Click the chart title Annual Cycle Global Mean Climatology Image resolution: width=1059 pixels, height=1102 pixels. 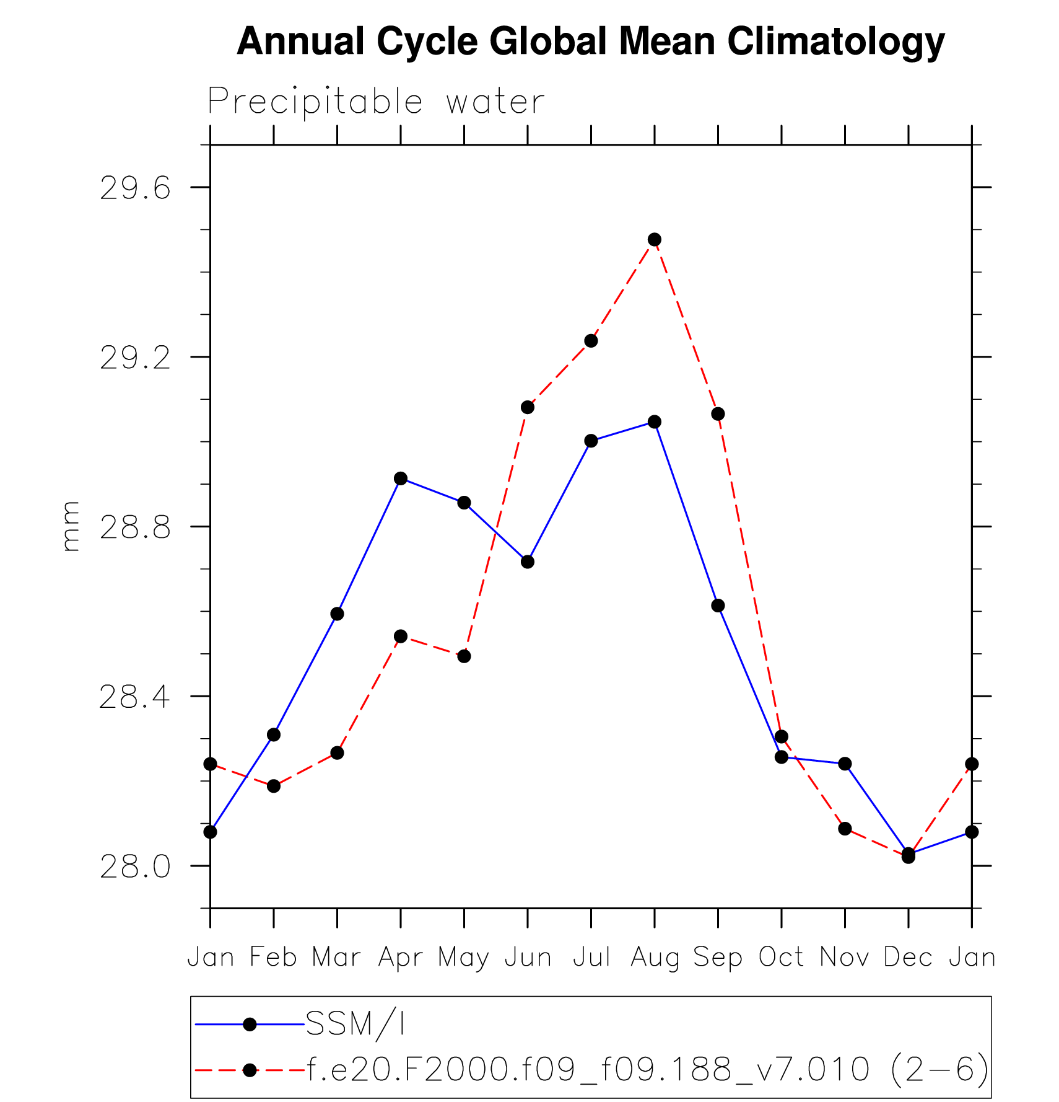[591, 42]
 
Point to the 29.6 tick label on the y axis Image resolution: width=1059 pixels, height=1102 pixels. [135, 187]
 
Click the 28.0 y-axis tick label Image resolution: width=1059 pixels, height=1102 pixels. [135, 866]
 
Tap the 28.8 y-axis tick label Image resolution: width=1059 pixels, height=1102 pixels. [135, 527]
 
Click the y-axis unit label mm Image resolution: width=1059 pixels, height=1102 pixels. [71, 526]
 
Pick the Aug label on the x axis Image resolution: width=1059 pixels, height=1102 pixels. [655, 958]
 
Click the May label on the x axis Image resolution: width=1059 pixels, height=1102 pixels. [464, 958]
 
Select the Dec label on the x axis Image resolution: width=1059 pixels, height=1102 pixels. [908, 958]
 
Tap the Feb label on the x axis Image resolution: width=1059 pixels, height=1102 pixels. [273, 958]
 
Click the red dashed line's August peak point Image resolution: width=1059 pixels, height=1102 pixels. [655, 239]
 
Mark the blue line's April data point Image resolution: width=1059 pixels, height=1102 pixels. [401, 478]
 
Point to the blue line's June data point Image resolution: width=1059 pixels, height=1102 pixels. [528, 562]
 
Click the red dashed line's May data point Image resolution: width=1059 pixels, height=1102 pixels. [464, 656]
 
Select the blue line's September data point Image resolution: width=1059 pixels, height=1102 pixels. [718, 606]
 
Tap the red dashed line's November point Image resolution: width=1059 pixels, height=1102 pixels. [845, 829]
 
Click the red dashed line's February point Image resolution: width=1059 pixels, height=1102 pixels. [274, 786]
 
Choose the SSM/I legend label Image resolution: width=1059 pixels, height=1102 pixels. [355, 1025]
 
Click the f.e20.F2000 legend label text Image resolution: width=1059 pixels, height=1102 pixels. [648, 1070]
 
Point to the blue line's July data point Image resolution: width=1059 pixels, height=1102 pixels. [591, 441]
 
